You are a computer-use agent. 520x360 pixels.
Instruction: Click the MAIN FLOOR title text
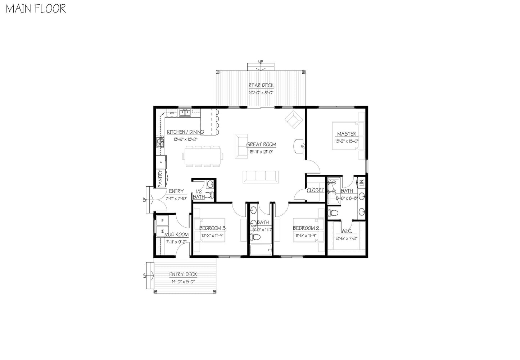(x=36, y=9)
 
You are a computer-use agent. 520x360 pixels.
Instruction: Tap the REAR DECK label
(x=261, y=86)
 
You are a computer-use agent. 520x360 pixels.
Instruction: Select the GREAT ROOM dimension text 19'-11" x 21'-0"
(x=261, y=151)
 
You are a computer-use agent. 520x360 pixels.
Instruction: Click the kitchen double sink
(x=185, y=113)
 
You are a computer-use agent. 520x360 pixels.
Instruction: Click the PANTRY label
(x=160, y=178)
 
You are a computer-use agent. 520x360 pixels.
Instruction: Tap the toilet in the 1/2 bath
(x=211, y=195)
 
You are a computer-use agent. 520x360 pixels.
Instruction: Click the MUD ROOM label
(x=177, y=235)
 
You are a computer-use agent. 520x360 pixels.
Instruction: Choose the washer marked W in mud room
(x=163, y=220)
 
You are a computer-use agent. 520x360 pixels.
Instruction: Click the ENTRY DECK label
(x=183, y=274)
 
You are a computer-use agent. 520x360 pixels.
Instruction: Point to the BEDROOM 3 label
(x=212, y=228)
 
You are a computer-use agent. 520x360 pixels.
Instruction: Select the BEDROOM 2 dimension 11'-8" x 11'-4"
(x=306, y=236)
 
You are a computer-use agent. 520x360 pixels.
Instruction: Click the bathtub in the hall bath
(x=260, y=250)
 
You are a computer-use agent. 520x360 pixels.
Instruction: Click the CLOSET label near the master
(x=315, y=190)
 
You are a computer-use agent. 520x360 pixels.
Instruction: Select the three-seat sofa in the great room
(x=261, y=176)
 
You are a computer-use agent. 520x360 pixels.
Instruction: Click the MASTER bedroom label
(x=347, y=134)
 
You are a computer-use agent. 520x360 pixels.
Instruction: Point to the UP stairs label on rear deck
(x=261, y=62)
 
